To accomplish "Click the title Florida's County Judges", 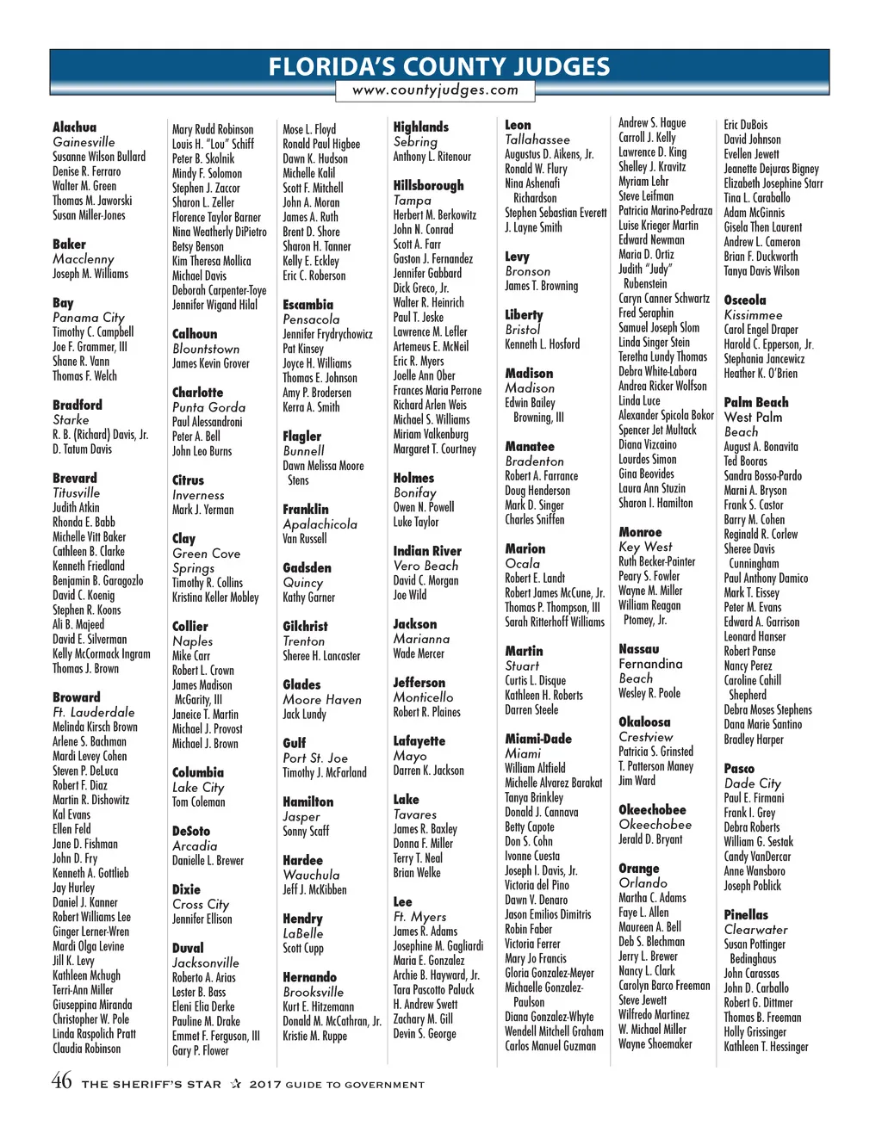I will click(x=439, y=66).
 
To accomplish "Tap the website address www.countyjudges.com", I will click(x=436, y=90).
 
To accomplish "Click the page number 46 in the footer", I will click(x=62, y=1081).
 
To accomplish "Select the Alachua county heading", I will click(x=75, y=127).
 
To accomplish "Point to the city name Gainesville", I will click(x=84, y=142).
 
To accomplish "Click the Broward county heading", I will click(x=77, y=697).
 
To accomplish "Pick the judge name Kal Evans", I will click(x=71, y=814).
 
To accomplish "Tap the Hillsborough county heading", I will click(x=428, y=185).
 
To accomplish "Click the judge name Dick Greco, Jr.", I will click(x=421, y=288).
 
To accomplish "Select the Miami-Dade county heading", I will click(x=538, y=739).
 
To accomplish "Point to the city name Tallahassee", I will click(x=537, y=139).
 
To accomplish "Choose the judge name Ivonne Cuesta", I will click(x=532, y=856).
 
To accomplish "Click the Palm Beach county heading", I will click(x=756, y=402).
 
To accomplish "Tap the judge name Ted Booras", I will click(x=746, y=461).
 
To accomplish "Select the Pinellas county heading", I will click(x=746, y=914).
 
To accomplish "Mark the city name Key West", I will click(x=646, y=547).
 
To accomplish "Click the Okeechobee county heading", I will click(x=652, y=810).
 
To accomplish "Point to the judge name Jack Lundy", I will click(x=305, y=714).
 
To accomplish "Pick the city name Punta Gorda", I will click(x=208, y=407).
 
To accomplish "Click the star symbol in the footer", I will click(x=235, y=1084).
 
